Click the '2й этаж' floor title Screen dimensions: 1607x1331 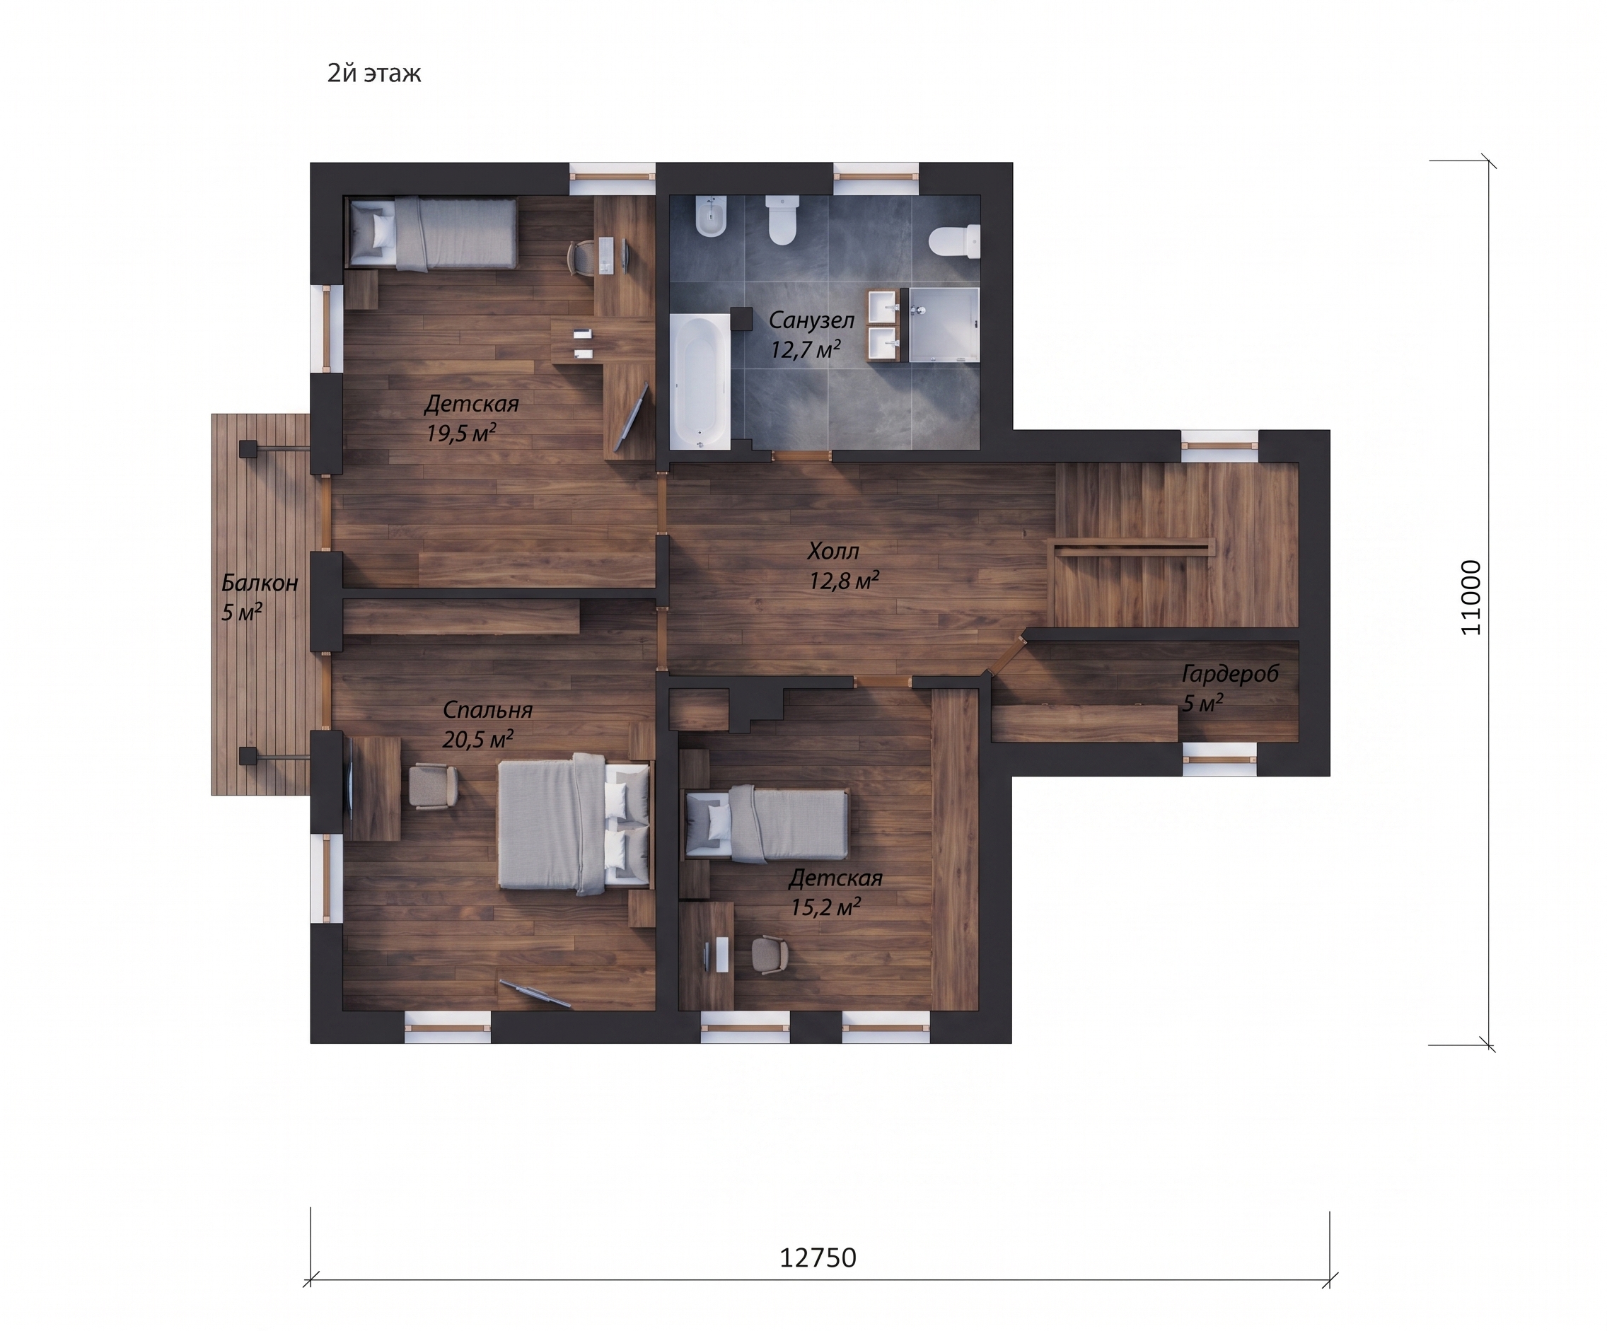[x=374, y=74]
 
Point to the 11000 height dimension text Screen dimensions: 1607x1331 [x=1470, y=598]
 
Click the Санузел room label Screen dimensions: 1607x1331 [x=811, y=320]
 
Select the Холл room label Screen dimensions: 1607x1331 [x=833, y=551]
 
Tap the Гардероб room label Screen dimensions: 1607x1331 [x=1231, y=674]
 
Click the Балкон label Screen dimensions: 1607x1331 [x=260, y=583]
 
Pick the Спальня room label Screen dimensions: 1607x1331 [x=487, y=710]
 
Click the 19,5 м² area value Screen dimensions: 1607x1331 [x=461, y=434]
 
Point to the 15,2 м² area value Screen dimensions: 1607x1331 [x=825, y=907]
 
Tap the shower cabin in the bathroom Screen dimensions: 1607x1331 [x=944, y=325]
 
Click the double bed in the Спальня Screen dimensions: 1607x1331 [x=574, y=824]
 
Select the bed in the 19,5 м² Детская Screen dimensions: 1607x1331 [x=431, y=233]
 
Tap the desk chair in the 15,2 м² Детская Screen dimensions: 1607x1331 [x=769, y=955]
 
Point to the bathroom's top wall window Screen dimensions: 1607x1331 [x=876, y=177]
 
